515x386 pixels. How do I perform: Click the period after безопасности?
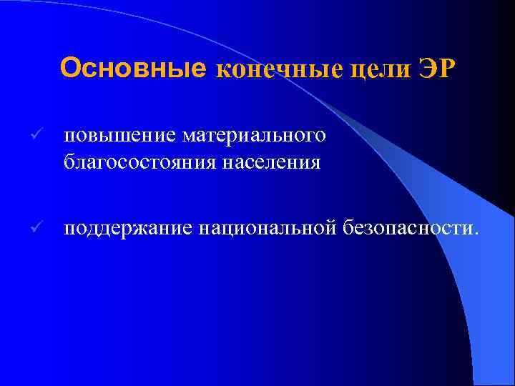tap(471, 233)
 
